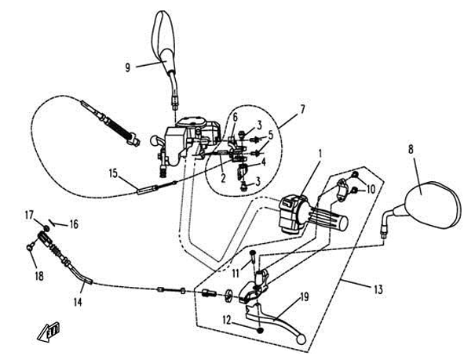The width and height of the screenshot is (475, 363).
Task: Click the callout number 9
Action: [x=127, y=67]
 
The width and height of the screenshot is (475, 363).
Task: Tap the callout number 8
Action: [x=411, y=149]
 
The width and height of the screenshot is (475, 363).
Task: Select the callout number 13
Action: [x=378, y=289]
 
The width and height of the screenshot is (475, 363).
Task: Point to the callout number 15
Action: [x=113, y=174]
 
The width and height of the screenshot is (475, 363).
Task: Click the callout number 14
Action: [x=78, y=302]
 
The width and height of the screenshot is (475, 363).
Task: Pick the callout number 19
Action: [x=305, y=297]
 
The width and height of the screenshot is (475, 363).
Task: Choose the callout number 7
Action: [x=302, y=109]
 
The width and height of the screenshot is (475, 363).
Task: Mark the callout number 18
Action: [x=39, y=276]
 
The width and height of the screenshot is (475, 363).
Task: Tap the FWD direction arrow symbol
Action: [x=49, y=332]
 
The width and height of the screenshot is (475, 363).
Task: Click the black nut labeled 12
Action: [x=259, y=331]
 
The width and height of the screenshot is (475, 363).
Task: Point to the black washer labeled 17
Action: [x=46, y=228]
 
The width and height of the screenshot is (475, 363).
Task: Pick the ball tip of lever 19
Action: [x=301, y=339]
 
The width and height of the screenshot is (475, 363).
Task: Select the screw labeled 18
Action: [x=30, y=248]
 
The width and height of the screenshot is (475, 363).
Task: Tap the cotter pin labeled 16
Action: [x=53, y=222]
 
